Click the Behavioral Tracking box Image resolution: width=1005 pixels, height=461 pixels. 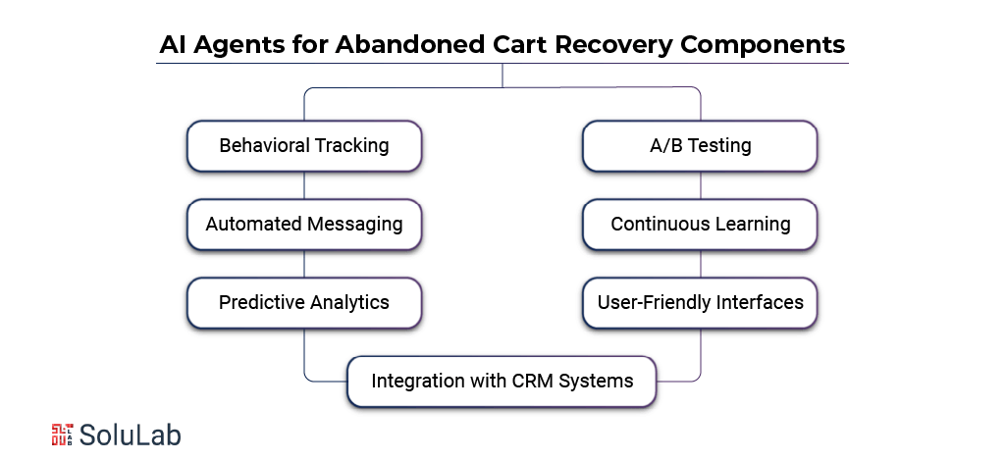(x=304, y=146)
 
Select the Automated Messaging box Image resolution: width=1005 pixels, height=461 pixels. (x=304, y=224)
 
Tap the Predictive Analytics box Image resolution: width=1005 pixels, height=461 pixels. (x=304, y=303)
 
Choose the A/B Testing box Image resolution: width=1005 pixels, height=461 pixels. (x=700, y=146)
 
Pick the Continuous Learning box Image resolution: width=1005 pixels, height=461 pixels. (x=700, y=224)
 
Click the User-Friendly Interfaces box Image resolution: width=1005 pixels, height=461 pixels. (x=700, y=303)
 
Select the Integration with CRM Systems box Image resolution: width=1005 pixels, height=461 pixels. (x=502, y=382)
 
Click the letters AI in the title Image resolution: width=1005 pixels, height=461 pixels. (x=172, y=45)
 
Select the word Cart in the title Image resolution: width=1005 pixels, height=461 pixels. (x=520, y=45)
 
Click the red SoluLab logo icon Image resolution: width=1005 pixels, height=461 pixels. (x=62, y=435)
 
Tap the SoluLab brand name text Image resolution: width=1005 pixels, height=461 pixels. (x=131, y=435)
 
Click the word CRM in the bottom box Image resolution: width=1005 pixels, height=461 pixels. (x=533, y=381)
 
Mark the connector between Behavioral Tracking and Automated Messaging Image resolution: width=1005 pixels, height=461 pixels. (x=304, y=185)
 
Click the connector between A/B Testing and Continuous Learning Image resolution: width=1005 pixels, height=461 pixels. (x=700, y=185)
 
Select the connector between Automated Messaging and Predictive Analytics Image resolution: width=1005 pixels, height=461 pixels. (x=304, y=263)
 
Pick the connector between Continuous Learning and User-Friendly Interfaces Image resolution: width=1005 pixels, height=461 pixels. (x=700, y=263)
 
